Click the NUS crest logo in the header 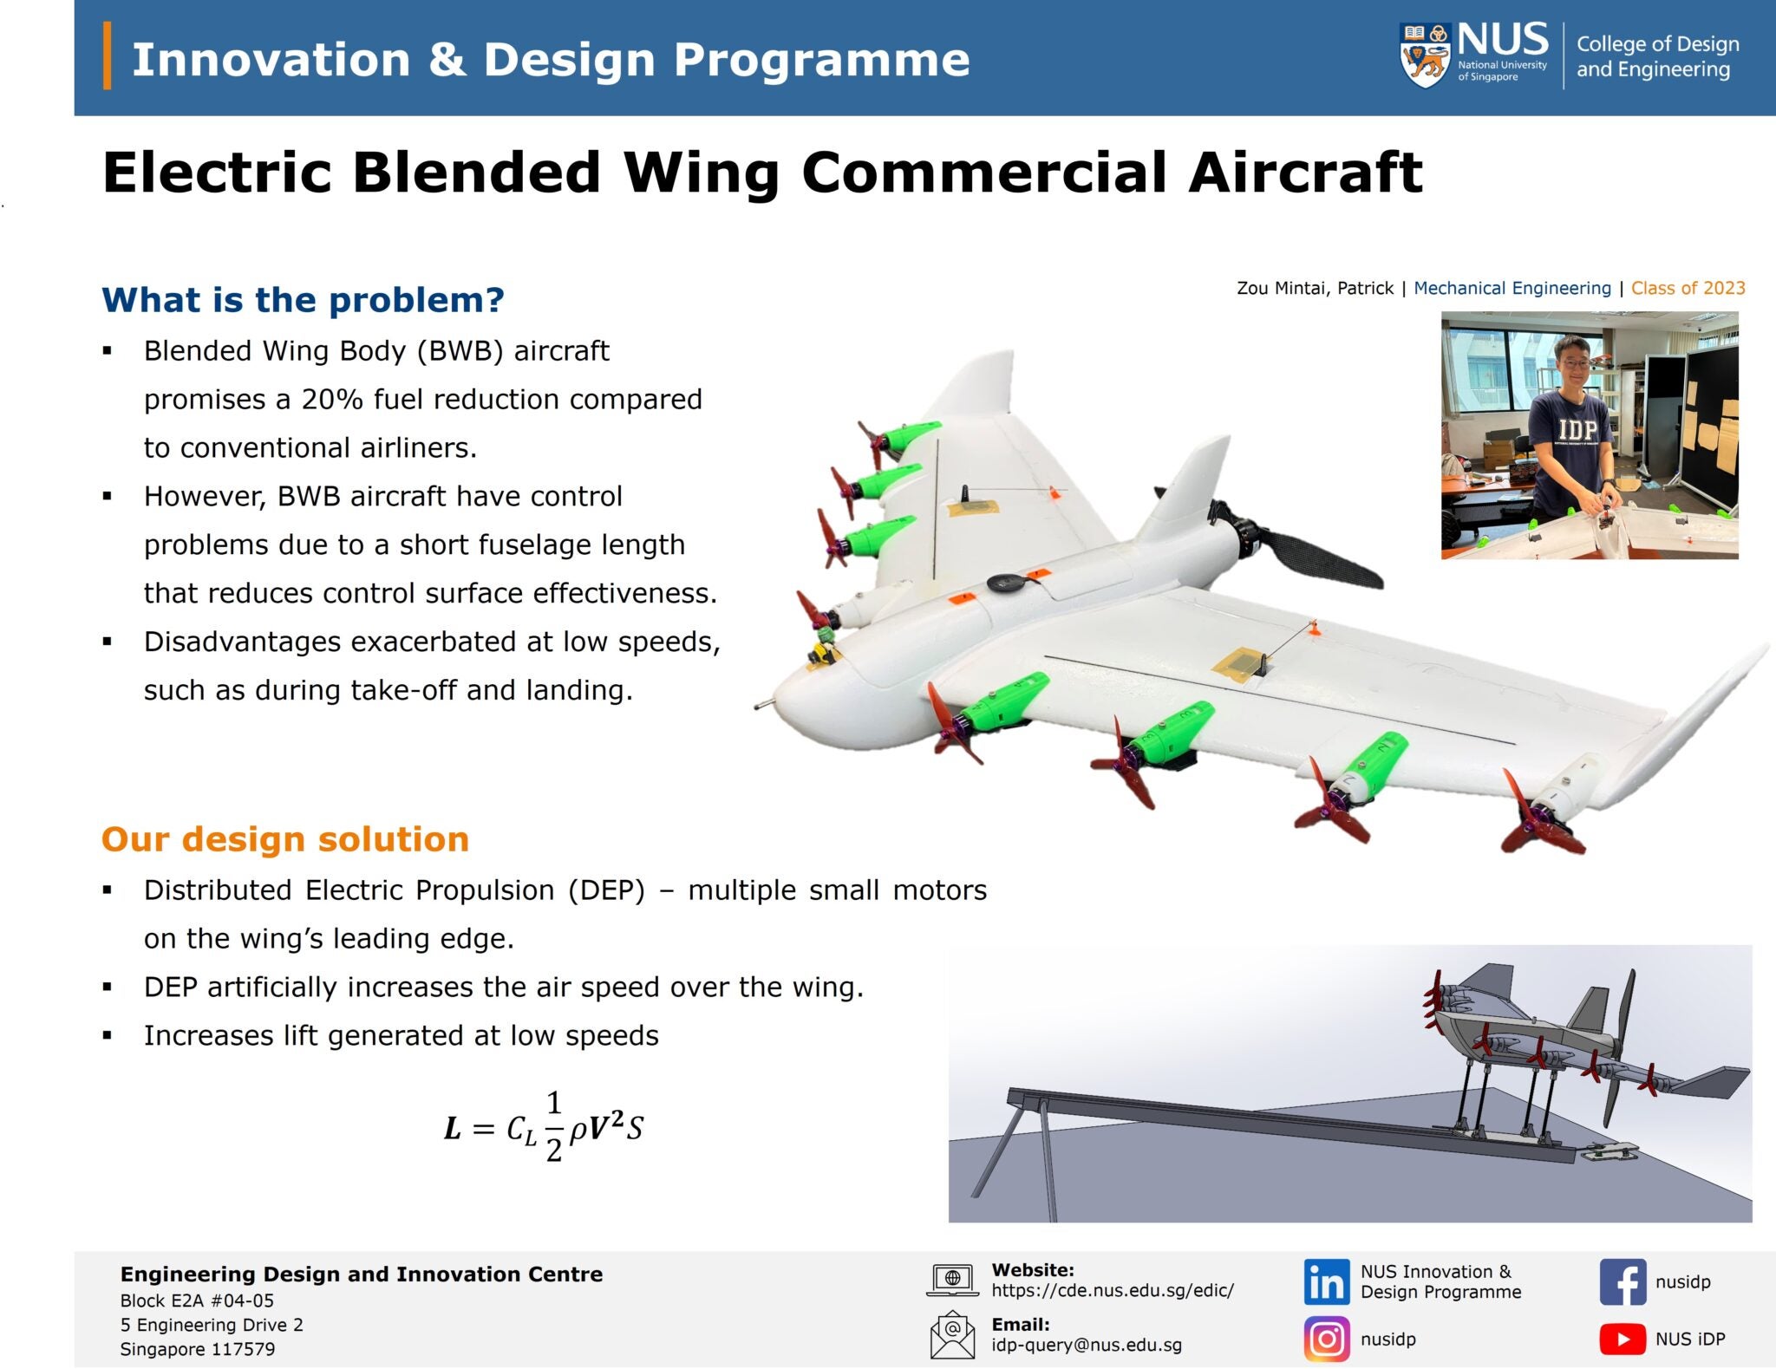[x=1425, y=55]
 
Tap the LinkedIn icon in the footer [x=1326, y=1281]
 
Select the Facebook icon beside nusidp [x=1622, y=1282]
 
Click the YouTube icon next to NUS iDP [x=1622, y=1339]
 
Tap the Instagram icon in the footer [x=1326, y=1339]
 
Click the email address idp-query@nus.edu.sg [x=1086, y=1345]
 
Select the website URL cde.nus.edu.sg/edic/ [x=1112, y=1290]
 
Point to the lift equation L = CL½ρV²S [x=544, y=1127]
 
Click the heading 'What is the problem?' [x=303, y=300]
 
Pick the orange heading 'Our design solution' [x=285, y=839]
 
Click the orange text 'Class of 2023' [x=1688, y=288]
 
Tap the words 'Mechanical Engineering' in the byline [x=1512, y=288]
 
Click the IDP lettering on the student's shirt [x=1577, y=428]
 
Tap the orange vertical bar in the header [x=108, y=55]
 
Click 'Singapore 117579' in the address [x=197, y=1349]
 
